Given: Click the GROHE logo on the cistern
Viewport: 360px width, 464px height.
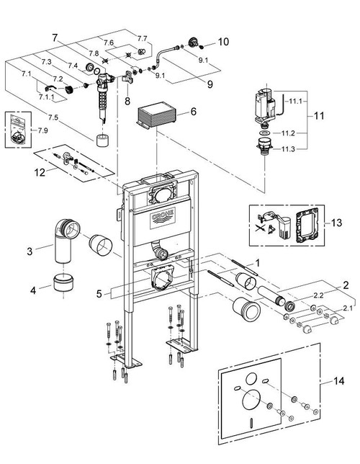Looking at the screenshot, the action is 163,218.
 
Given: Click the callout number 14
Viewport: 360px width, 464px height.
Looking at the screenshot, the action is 338,381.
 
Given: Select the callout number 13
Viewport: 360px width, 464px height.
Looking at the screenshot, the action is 336,222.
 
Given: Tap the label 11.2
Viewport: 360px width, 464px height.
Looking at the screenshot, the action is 288,133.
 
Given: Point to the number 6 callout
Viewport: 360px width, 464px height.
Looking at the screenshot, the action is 194,112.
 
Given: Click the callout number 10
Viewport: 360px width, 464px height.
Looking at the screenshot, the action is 223,42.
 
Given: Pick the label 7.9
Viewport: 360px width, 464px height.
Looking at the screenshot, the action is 42,130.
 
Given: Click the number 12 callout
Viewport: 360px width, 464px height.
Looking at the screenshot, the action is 40,172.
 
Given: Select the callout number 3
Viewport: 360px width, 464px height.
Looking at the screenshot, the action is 30,251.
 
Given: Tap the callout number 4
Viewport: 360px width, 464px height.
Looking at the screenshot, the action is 33,290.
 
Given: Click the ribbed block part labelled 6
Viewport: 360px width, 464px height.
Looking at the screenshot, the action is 156,115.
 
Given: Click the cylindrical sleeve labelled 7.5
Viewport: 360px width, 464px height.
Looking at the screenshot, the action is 103,140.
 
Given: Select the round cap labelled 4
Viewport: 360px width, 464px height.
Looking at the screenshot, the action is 63,282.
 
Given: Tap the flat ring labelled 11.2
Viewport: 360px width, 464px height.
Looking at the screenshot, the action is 266,133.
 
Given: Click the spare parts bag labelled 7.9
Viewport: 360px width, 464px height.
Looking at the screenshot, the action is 18,129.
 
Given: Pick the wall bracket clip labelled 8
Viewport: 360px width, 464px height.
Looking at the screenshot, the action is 127,77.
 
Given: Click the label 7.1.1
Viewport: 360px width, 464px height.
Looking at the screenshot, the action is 47,97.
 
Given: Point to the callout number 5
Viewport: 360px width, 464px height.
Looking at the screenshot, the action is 99,294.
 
